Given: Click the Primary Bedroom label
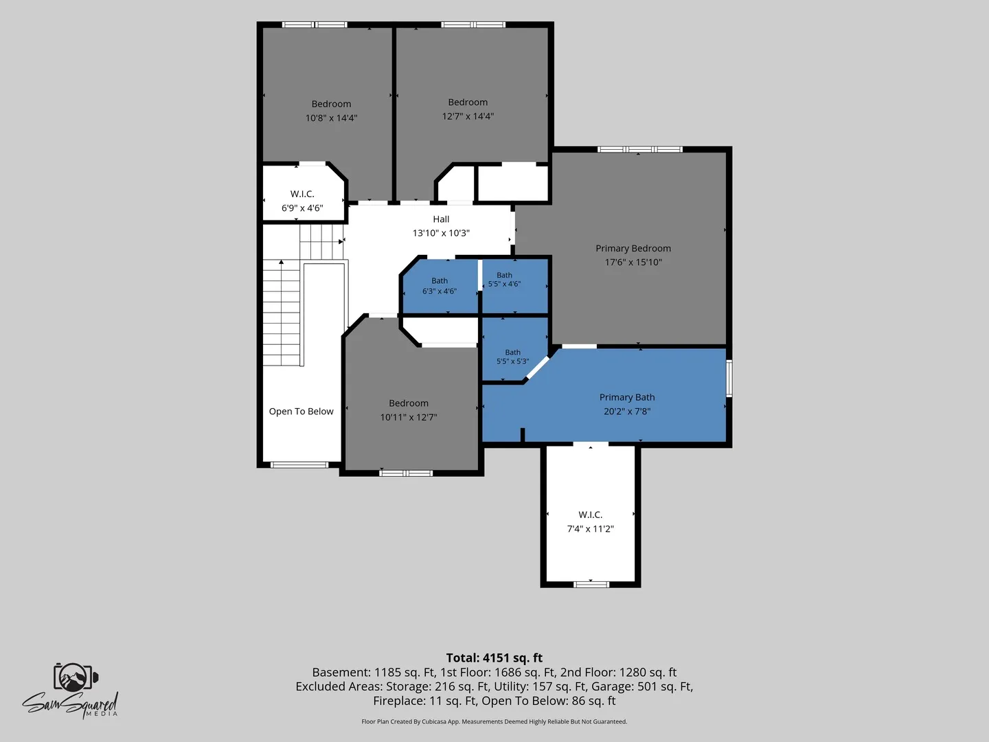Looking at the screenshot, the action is [633, 248].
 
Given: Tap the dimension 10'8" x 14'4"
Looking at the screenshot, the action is [331, 118].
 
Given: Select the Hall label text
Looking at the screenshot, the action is [441, 219].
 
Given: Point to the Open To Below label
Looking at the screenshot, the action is [301, 412].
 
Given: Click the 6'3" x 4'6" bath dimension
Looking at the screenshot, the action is [440, 291].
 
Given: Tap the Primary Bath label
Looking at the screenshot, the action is [627, 397].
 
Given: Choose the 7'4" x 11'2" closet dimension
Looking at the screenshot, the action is [590, 528].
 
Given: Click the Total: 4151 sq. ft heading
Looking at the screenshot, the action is [494, 657].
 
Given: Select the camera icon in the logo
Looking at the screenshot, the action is [76, 677].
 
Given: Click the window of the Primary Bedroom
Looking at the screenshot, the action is [640, 149].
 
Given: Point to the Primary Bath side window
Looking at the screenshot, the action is [729, 378].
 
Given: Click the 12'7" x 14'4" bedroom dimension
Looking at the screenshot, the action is [468, 116].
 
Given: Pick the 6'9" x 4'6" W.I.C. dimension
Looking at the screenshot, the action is [302, 208].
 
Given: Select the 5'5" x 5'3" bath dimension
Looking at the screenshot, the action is [513, 361].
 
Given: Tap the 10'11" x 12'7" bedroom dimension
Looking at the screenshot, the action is [408, 417].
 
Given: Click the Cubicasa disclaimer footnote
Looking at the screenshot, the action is [494, 721].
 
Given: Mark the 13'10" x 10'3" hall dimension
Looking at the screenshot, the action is [441, 233].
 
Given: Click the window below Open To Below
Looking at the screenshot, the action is [299, 464].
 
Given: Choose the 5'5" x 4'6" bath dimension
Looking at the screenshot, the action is [504, 284].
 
